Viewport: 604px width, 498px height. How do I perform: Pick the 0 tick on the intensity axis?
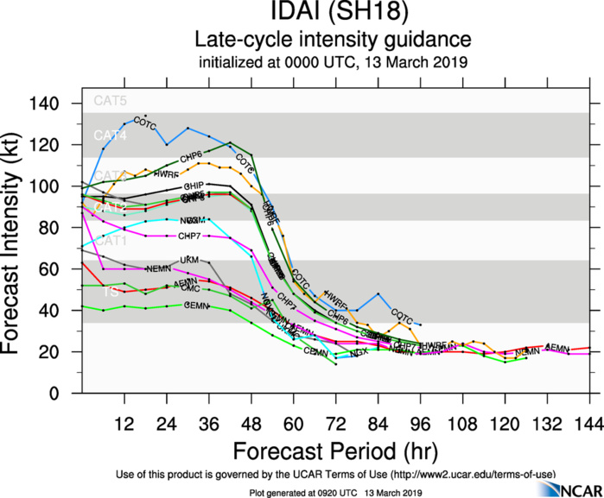tap(66, 394)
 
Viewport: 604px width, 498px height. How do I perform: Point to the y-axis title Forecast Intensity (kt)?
tap(17, 249)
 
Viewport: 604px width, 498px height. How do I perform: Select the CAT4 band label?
tap(110, 136)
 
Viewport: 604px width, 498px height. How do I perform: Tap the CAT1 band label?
tap(110, 241)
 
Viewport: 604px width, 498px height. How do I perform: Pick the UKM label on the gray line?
tap(189, 260)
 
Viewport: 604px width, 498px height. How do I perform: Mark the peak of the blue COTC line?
tap(145, 115)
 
